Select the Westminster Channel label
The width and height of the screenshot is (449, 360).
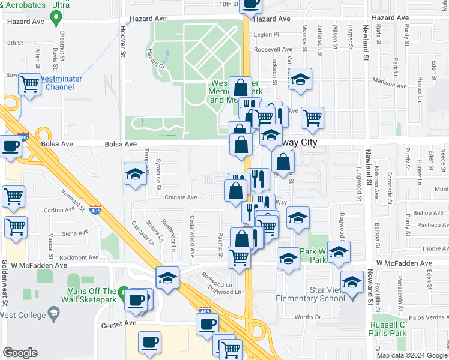[60, 83]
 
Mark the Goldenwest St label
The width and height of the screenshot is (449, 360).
[4, 281]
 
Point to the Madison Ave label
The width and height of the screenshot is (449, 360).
[389, 84]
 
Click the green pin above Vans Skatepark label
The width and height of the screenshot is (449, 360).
[123, 295]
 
